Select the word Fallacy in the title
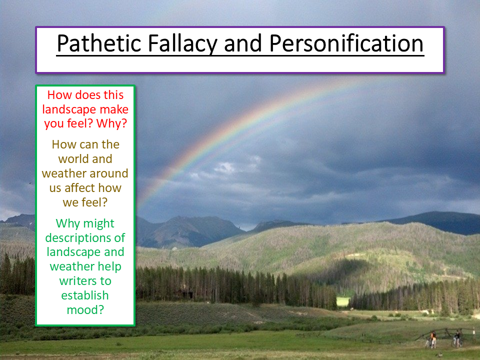[182, 44]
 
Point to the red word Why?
[111, 123]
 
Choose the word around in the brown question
[108, 173]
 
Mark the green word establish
[85, 295]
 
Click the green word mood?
[85, 310]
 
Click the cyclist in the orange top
[432, 338]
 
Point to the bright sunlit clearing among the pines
[343, 301]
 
